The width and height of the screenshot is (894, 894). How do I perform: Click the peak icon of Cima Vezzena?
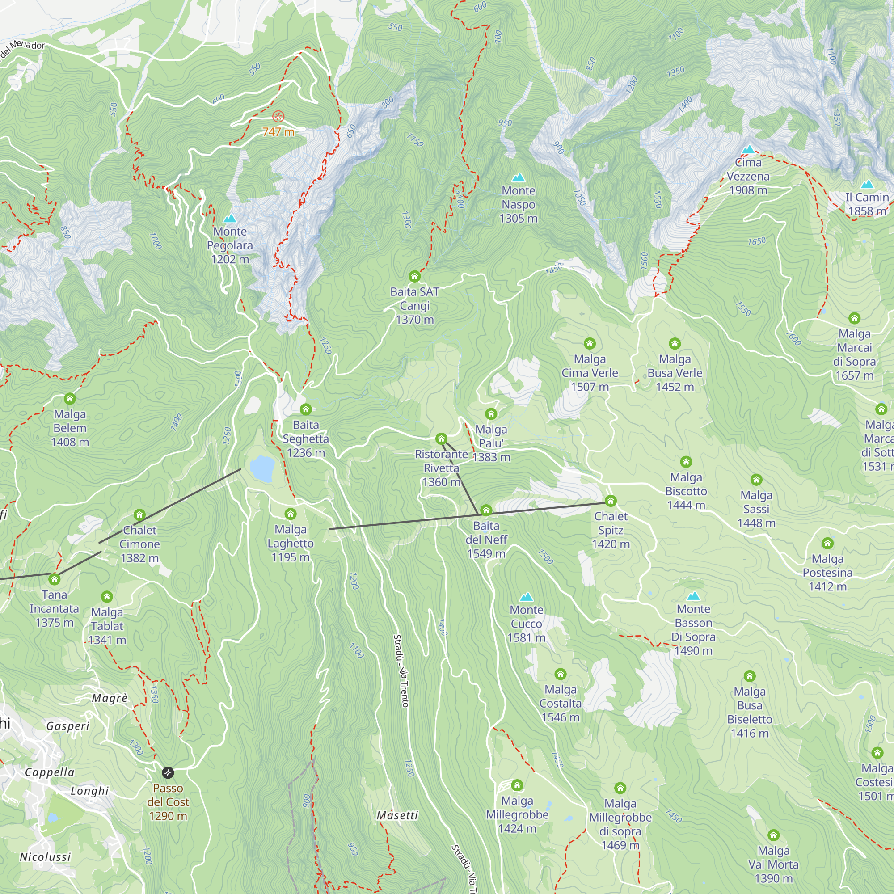click(x=748, y=149)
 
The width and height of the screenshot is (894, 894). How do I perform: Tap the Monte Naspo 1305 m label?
click(x=518, y=205)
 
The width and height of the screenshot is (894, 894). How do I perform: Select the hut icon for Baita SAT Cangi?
click(x=415, y=277)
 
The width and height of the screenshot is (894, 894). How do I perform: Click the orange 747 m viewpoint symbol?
click(x=278, y=116)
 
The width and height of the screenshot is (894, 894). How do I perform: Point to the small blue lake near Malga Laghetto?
click(x=262, y=468)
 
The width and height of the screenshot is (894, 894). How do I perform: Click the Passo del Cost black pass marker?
click(x=168, y=772)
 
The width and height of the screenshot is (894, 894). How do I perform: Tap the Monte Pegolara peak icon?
click(x=230, y=219)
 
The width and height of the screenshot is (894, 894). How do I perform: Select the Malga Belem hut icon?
click(x=70, y=398)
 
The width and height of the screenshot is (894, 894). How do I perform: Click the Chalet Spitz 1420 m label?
click(x=611, y=530)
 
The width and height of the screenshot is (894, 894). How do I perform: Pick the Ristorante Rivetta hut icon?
click(x=442, y=439)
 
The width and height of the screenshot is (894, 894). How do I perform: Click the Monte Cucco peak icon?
click(x=526, y=597)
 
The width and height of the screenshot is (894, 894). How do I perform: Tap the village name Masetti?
click(x=397, y=815)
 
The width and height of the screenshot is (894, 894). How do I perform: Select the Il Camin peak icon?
click(x=867, y=184)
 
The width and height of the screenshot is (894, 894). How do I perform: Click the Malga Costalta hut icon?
click(x=561, y=674)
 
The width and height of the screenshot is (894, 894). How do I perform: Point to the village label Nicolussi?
click(x=45, y=857)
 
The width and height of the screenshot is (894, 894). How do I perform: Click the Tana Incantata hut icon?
click(x=55, y=579)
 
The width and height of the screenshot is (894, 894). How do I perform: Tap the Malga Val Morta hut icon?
click(x=774, y=835)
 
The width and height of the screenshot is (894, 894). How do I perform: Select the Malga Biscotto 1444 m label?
click(x=686, y=491)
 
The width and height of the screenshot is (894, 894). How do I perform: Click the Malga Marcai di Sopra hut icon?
click(x=854, y=318)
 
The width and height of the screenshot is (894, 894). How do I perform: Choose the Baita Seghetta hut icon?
click(x=305, y=409)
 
